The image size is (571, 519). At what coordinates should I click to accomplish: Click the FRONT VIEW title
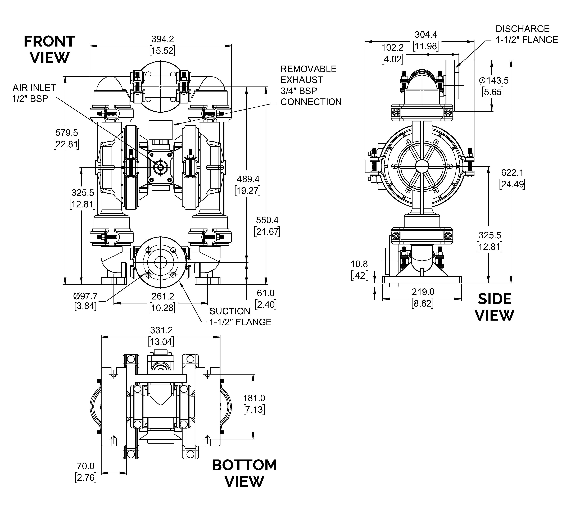click(x=49, y=49)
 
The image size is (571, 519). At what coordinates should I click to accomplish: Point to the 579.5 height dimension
click(x=67, y=138)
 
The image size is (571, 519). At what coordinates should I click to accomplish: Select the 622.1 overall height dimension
click(x=512, y=178)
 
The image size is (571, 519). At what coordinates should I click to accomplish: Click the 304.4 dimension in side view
click(x=426, y=40)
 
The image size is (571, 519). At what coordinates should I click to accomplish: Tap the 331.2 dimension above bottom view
click(x=161, y=336)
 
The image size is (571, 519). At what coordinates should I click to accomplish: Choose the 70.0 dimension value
click(x=85, y=472)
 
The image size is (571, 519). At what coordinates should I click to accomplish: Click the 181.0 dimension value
click(x=254, y=404)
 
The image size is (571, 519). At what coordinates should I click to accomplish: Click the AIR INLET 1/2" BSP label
click(x=34, y=93)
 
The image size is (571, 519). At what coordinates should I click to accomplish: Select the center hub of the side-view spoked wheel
click(x=422, y=166)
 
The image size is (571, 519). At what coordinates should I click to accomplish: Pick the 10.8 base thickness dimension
click(x=359, y=270)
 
